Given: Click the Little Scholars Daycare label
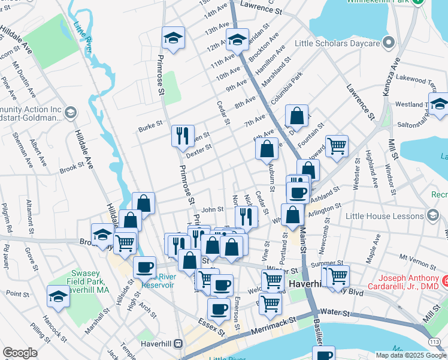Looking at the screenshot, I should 338,43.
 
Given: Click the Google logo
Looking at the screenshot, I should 20,353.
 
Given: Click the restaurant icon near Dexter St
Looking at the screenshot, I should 183,136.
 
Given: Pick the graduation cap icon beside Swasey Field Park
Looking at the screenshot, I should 58,296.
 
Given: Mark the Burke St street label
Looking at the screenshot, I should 150,127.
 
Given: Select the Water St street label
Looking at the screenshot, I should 335,312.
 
